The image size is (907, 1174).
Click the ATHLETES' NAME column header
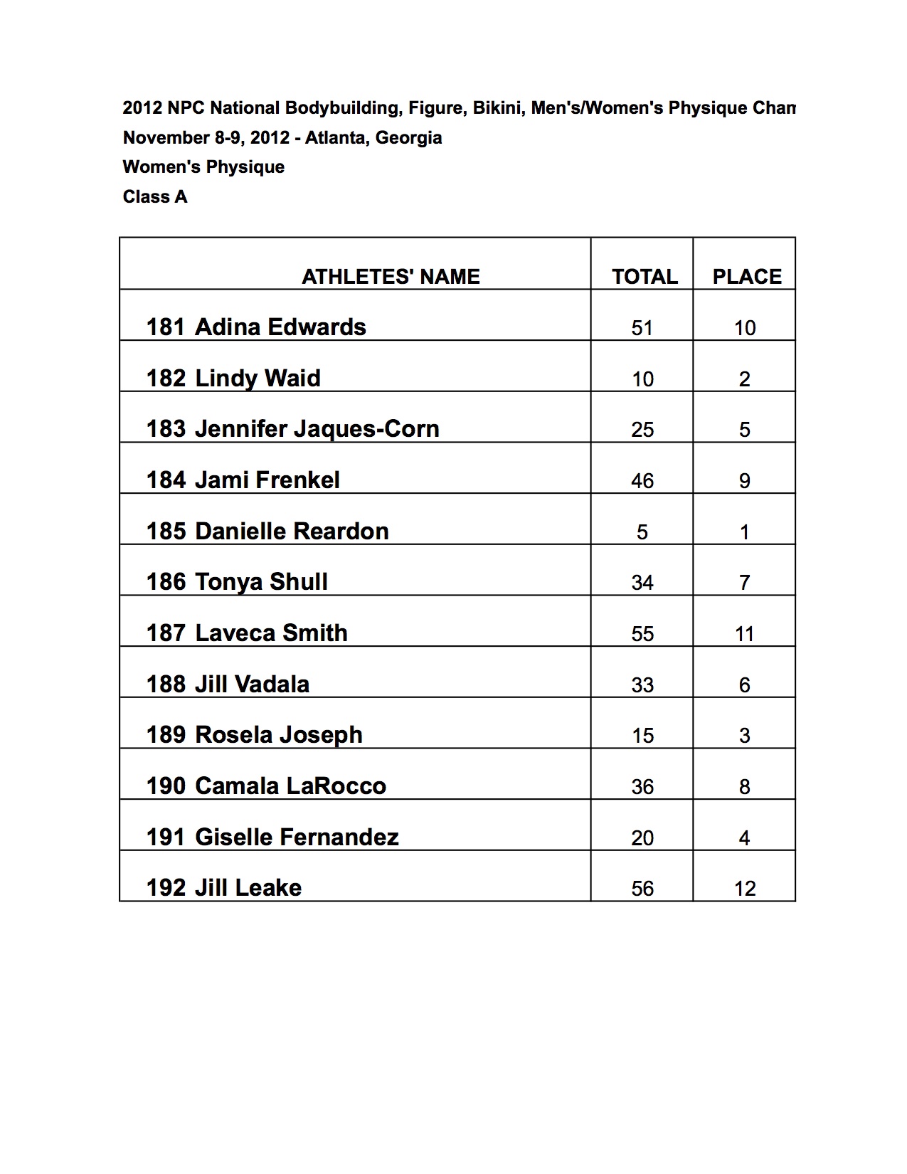391,276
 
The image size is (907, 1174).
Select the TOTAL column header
645,276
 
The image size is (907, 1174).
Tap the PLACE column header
747,276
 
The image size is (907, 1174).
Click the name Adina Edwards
280,327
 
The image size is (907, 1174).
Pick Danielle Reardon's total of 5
642,532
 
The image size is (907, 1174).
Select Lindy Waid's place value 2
745,379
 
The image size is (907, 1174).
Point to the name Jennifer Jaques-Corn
317,429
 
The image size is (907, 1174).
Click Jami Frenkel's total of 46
642,481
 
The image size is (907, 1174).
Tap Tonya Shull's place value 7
745,583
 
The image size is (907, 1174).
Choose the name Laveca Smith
271,633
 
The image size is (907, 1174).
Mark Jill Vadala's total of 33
642,684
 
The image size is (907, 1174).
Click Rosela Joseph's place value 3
745,736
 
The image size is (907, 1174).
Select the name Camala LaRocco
290,786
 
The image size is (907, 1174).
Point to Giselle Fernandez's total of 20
642,837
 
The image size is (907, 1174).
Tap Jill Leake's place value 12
745,889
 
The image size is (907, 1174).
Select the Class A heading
155,196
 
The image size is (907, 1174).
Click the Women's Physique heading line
203,167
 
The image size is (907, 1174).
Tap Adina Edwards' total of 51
642,328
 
